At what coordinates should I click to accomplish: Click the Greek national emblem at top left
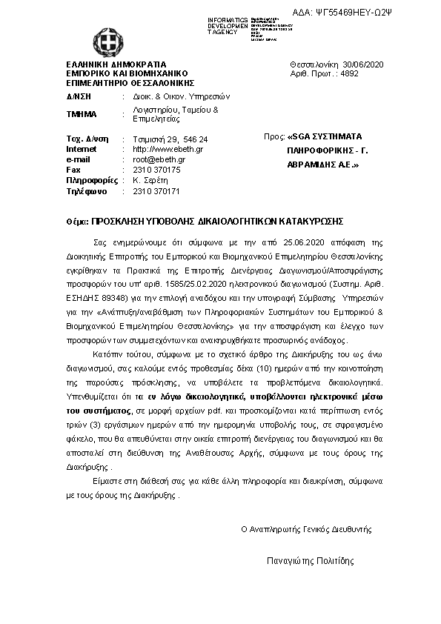[x=103, y=41]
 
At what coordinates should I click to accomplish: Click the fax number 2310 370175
[x=156, y=169]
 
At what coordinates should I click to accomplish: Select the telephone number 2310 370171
[x=156, y=190]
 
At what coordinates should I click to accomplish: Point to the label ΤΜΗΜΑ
[x=82, y=114]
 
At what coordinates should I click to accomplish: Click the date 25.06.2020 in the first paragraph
[x=283, y=242]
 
